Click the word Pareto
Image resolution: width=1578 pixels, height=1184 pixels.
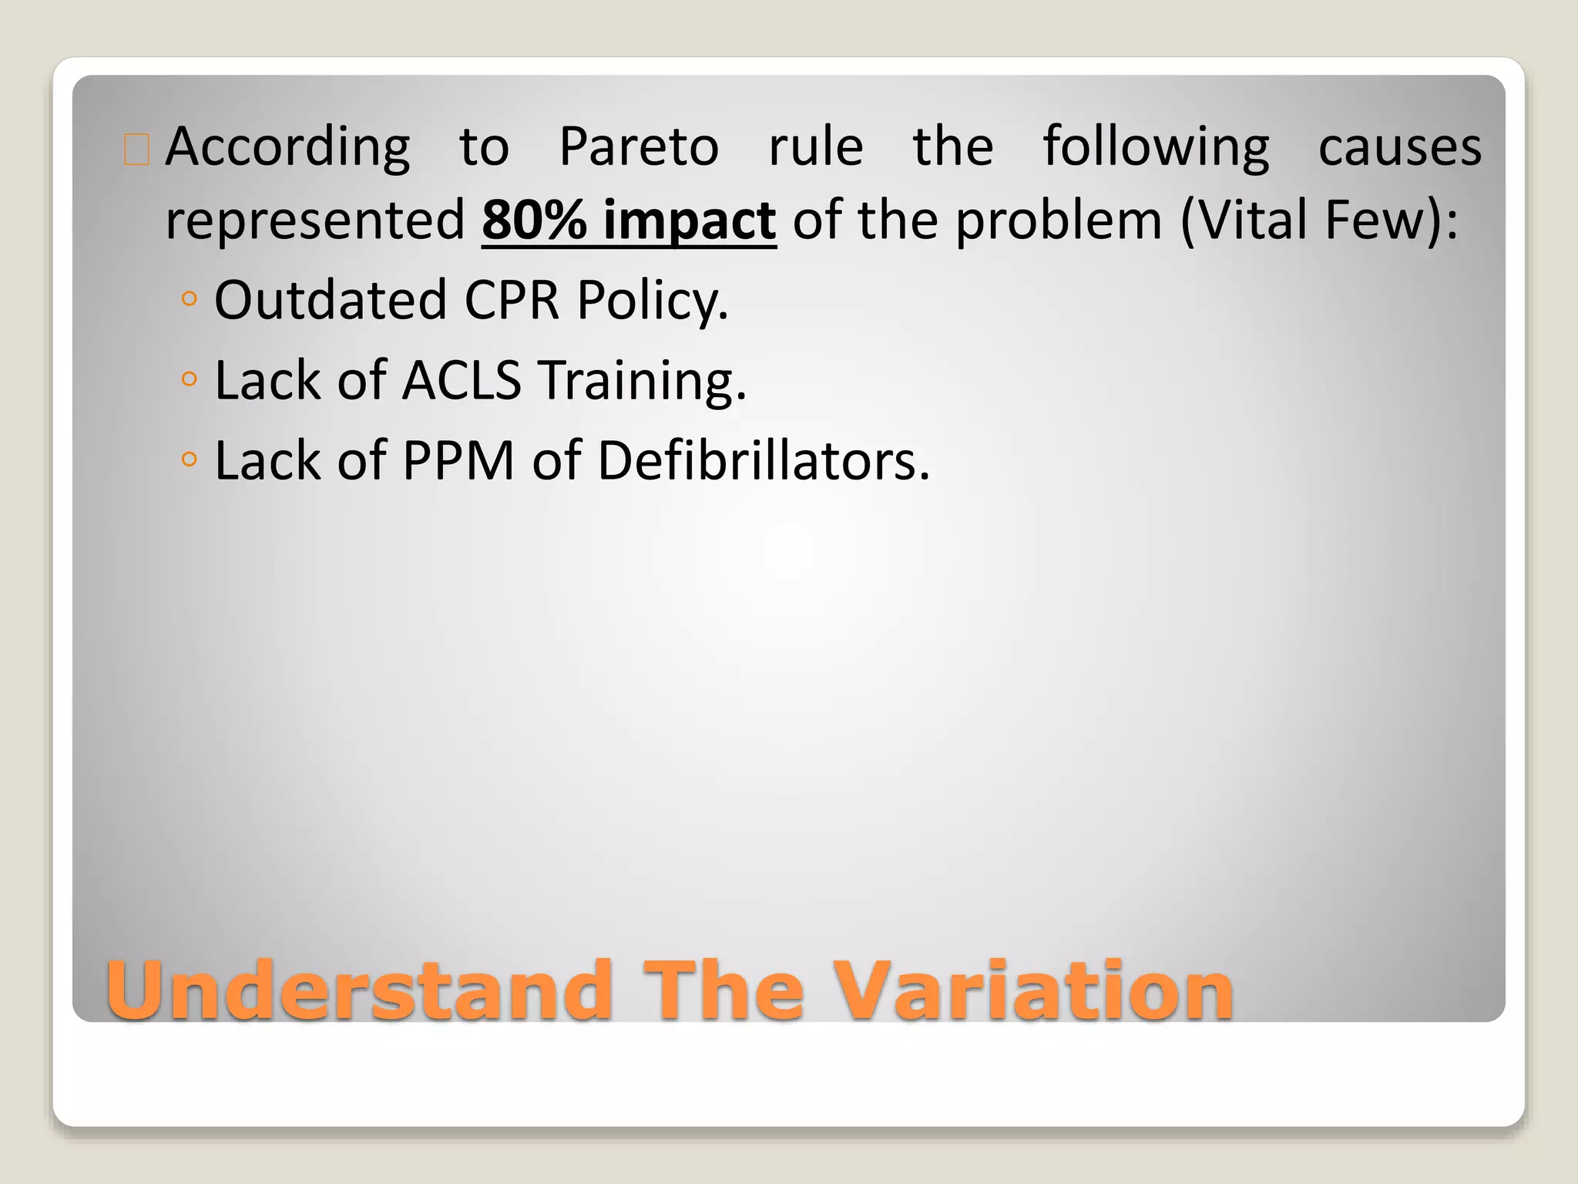pyautogui.click(x=638, y=146)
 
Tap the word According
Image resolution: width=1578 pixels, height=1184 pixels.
pyautogui.click(x=287, y=148)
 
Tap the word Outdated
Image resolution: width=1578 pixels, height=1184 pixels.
pyautogui.click(x=331, y=300)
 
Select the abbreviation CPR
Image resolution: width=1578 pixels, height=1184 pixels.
pyautogui.click(x=511, y=300)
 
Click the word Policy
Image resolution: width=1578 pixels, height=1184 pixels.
pyautogui.click(x=652, y=301)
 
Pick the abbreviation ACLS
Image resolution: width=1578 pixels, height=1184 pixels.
pyautogui.click(x=462, y=380)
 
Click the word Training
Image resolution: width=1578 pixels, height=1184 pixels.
pyautogui.click(x=642, y=382)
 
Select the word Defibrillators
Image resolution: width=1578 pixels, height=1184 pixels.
pyautogui.click(x=763, y=460)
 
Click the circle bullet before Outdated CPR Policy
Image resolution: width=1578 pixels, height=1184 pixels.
pyautogui.click(x=189, y=298)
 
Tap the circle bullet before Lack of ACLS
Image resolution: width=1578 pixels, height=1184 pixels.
pyautogui.click(x=189, y=378)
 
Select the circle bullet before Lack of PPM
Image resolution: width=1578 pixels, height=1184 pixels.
pyautogui.click(x=189, y=459)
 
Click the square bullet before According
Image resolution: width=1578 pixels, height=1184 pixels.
pyautogui.click(x=136, y=150)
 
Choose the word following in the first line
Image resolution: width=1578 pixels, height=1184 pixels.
pyautogui.click(x=1155, y=148)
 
